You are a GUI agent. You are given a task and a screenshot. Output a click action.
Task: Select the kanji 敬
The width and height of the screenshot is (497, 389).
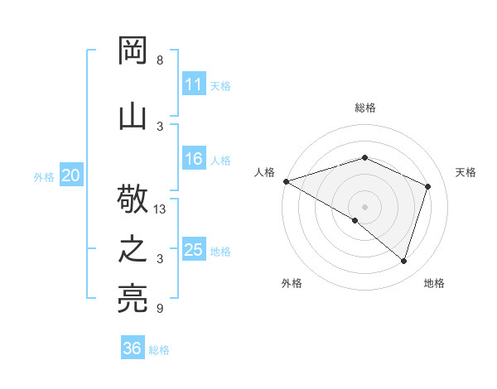(x=133, y=200)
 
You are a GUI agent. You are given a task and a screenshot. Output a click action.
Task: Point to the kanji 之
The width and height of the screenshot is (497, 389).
(x=133, y=251)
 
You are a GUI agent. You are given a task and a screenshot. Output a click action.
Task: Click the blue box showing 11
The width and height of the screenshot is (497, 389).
(x=194, y=84)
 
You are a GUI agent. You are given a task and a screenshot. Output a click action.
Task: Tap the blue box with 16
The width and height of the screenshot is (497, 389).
(x=194, y=159)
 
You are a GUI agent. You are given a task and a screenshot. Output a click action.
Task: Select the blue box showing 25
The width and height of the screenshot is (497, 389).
(x=194, y=250)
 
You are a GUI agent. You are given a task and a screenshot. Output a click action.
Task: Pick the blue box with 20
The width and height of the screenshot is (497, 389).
(x=71, y=175)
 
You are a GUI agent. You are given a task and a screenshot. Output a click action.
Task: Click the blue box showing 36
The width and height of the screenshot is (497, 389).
(x=133, y=348)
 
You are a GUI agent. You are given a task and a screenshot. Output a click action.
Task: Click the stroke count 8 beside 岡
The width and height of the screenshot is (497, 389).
(x=160, y=60)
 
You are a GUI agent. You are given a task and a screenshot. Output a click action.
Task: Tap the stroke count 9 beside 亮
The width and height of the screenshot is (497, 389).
(x=160, y=309)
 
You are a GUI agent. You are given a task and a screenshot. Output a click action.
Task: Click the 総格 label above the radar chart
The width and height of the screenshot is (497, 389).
(x=364, y=108)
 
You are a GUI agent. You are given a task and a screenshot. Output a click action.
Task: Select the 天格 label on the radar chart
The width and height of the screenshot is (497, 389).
(x=466, y=172)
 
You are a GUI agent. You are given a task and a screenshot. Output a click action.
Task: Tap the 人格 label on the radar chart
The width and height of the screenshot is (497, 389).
(x=265, y=172)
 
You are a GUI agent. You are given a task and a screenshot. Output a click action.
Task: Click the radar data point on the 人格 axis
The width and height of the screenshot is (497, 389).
(x=286, y=180)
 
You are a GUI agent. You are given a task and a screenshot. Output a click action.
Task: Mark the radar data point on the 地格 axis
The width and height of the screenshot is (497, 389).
(x=404, y=262)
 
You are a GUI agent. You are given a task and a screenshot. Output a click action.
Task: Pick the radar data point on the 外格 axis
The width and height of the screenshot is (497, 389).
(x=355, y=220)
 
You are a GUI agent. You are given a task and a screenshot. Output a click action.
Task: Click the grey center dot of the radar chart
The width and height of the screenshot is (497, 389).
(x=364, y=206)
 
